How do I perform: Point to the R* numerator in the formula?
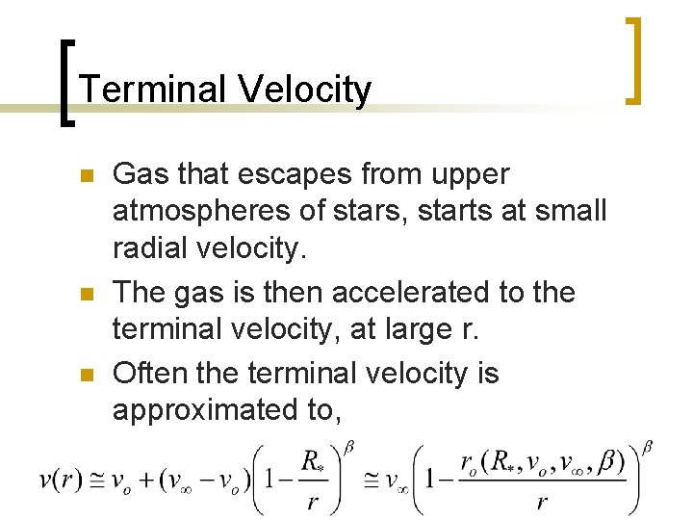(x=311, y=463)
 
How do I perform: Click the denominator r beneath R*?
(x=310, y=502)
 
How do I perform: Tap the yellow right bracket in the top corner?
(x=631, y=60)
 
